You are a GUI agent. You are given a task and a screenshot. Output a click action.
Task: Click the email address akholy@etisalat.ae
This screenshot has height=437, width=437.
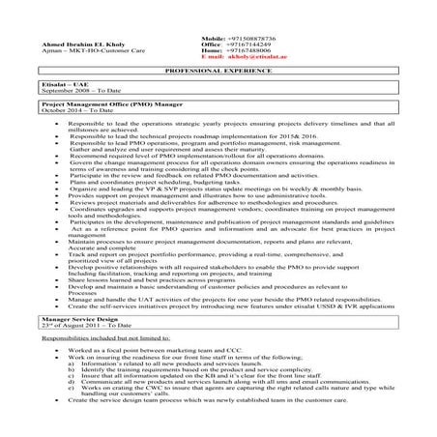point(255,57)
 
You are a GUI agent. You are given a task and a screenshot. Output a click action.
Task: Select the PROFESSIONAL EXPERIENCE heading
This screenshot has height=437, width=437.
point(218,73)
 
